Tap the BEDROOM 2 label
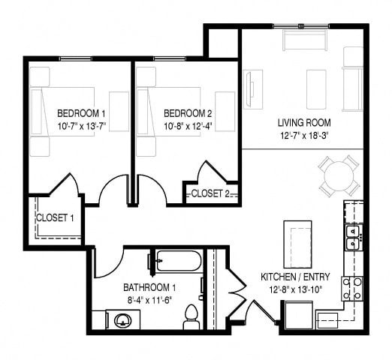[185, 113]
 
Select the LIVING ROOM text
[304, 122]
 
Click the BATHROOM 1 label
[149, 287]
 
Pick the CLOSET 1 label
[55, 218]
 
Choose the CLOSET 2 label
[210, 193]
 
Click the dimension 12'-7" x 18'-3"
[304, 135]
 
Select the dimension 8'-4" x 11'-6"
[149, 299]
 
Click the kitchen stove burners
[351, 287]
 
